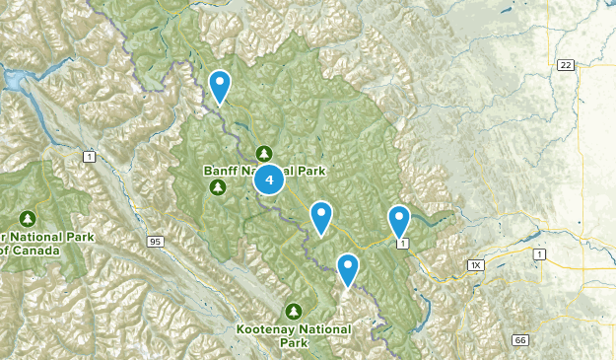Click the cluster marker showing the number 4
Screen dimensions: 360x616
tap(269, 180)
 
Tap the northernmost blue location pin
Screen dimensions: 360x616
tap(221, 87)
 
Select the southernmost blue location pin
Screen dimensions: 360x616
tap(348, 268)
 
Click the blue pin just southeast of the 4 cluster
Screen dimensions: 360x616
tap(321, 216)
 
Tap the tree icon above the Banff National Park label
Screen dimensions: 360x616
tap(264, 153)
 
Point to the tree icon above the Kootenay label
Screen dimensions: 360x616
tap(293, 311)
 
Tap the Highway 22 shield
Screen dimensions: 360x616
tap(566, 65)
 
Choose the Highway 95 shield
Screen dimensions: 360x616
tap(155, 241)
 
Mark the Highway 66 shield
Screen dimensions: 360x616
tap(520, 341)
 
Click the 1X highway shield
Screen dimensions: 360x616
tap(476, 265)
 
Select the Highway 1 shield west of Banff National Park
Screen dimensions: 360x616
tap(89, 157)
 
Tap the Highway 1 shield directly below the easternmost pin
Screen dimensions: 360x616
tap(401, 242)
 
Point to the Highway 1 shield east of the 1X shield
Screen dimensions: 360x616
tap(539, 255)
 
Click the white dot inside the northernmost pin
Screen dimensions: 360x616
tap(221, 82)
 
